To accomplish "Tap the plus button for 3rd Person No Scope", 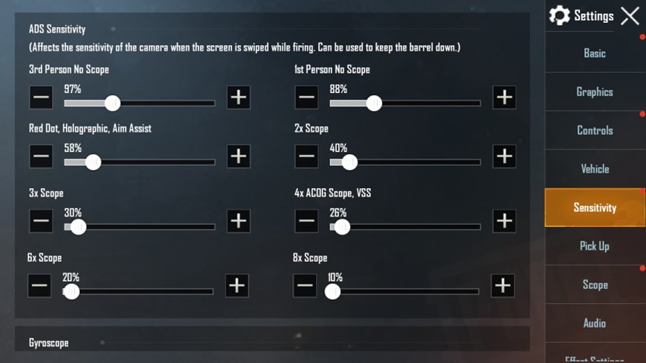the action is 239,97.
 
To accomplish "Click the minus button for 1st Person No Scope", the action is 306,97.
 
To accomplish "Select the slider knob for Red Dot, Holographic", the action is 93,162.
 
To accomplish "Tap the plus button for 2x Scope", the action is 504,156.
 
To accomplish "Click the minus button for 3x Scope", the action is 41,221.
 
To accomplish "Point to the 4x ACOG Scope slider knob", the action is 342,227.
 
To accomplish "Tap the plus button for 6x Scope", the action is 237,285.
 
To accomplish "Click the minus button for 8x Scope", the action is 305,285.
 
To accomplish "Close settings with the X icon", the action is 630,16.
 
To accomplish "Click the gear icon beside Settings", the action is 559,15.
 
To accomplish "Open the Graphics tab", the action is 595,92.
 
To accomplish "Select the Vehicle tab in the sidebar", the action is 595,169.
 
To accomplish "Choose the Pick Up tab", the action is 595,246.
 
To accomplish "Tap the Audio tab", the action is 595,323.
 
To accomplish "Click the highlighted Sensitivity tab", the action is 595,207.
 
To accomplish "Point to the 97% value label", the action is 72,89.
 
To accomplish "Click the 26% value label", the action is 338,213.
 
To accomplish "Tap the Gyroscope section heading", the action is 49,343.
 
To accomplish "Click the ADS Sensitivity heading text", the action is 57,29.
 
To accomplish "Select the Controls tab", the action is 595,130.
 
